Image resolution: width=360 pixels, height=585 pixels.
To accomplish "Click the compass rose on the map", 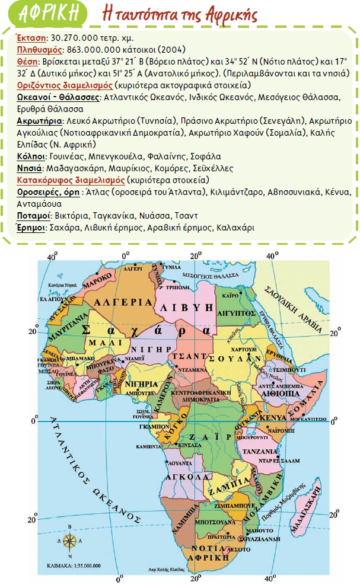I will [71, 540].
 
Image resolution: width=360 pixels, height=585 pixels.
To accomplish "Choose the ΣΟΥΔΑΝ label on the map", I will [241, 359].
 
